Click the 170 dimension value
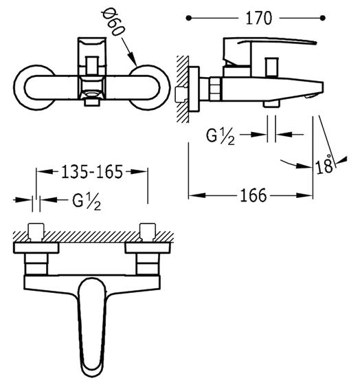(258, 18)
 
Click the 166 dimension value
(253, 195)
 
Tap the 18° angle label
(324, 164)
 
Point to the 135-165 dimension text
(92, 172)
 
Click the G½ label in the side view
(221, 137)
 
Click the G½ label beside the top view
(87, 201)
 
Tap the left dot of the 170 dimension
(188, 18)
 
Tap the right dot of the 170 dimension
(323, 18)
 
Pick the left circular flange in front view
(20, 88)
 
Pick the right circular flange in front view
(164, 88)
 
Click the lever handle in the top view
(92, 329)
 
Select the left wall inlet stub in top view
(36, 232)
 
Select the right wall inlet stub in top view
(147, 232)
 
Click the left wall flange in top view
(36, 247)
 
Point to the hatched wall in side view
(183, 89)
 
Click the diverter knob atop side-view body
(271, 67)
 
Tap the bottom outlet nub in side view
(271, 104)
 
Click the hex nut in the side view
(216, 89)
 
